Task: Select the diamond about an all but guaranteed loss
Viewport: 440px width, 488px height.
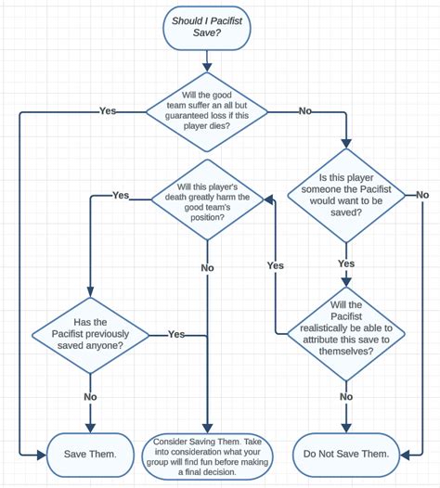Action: pyautogui.click(x=205, y=110)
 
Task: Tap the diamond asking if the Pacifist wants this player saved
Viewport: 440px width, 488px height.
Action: pyautogui.click(x=346, y=195)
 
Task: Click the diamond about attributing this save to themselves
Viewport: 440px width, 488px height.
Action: pyautogui.click(x=345, y=333)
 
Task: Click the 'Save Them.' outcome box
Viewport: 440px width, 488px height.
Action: pyautogui.click(x=90, y=454)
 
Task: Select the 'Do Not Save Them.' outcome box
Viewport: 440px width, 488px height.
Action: pyautogui.click(x=345, y=454)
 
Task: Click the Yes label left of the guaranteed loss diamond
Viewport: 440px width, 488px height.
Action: pyautogui.click(x=108, y=110)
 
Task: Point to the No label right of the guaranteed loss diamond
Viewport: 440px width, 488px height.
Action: pyautogui.click(x=304, y=110)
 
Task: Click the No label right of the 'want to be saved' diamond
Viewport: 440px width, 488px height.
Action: pyautogui.click(x=421, y=194)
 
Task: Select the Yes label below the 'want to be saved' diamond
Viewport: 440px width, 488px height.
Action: pyautogui.click(x=346, y=263)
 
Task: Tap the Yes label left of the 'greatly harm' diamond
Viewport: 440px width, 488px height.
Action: pyautogui.click(x=121, y=195)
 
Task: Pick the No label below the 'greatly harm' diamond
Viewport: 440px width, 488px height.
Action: pyautogui.click(x=206, y=268)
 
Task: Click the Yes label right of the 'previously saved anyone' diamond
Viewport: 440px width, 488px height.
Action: pyautogui.click(x=176, y=333)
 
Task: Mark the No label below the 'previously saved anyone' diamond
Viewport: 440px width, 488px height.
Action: pyautogui.click(x=90, y=396)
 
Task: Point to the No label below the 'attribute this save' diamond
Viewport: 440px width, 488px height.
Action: pyautogui.click(x=345, y=396)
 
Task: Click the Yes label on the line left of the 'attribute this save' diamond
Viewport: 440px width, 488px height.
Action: pyautogui.click(x=276, y=265)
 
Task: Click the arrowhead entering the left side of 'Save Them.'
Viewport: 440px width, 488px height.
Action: pyautogui.click(x=41, y=455)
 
